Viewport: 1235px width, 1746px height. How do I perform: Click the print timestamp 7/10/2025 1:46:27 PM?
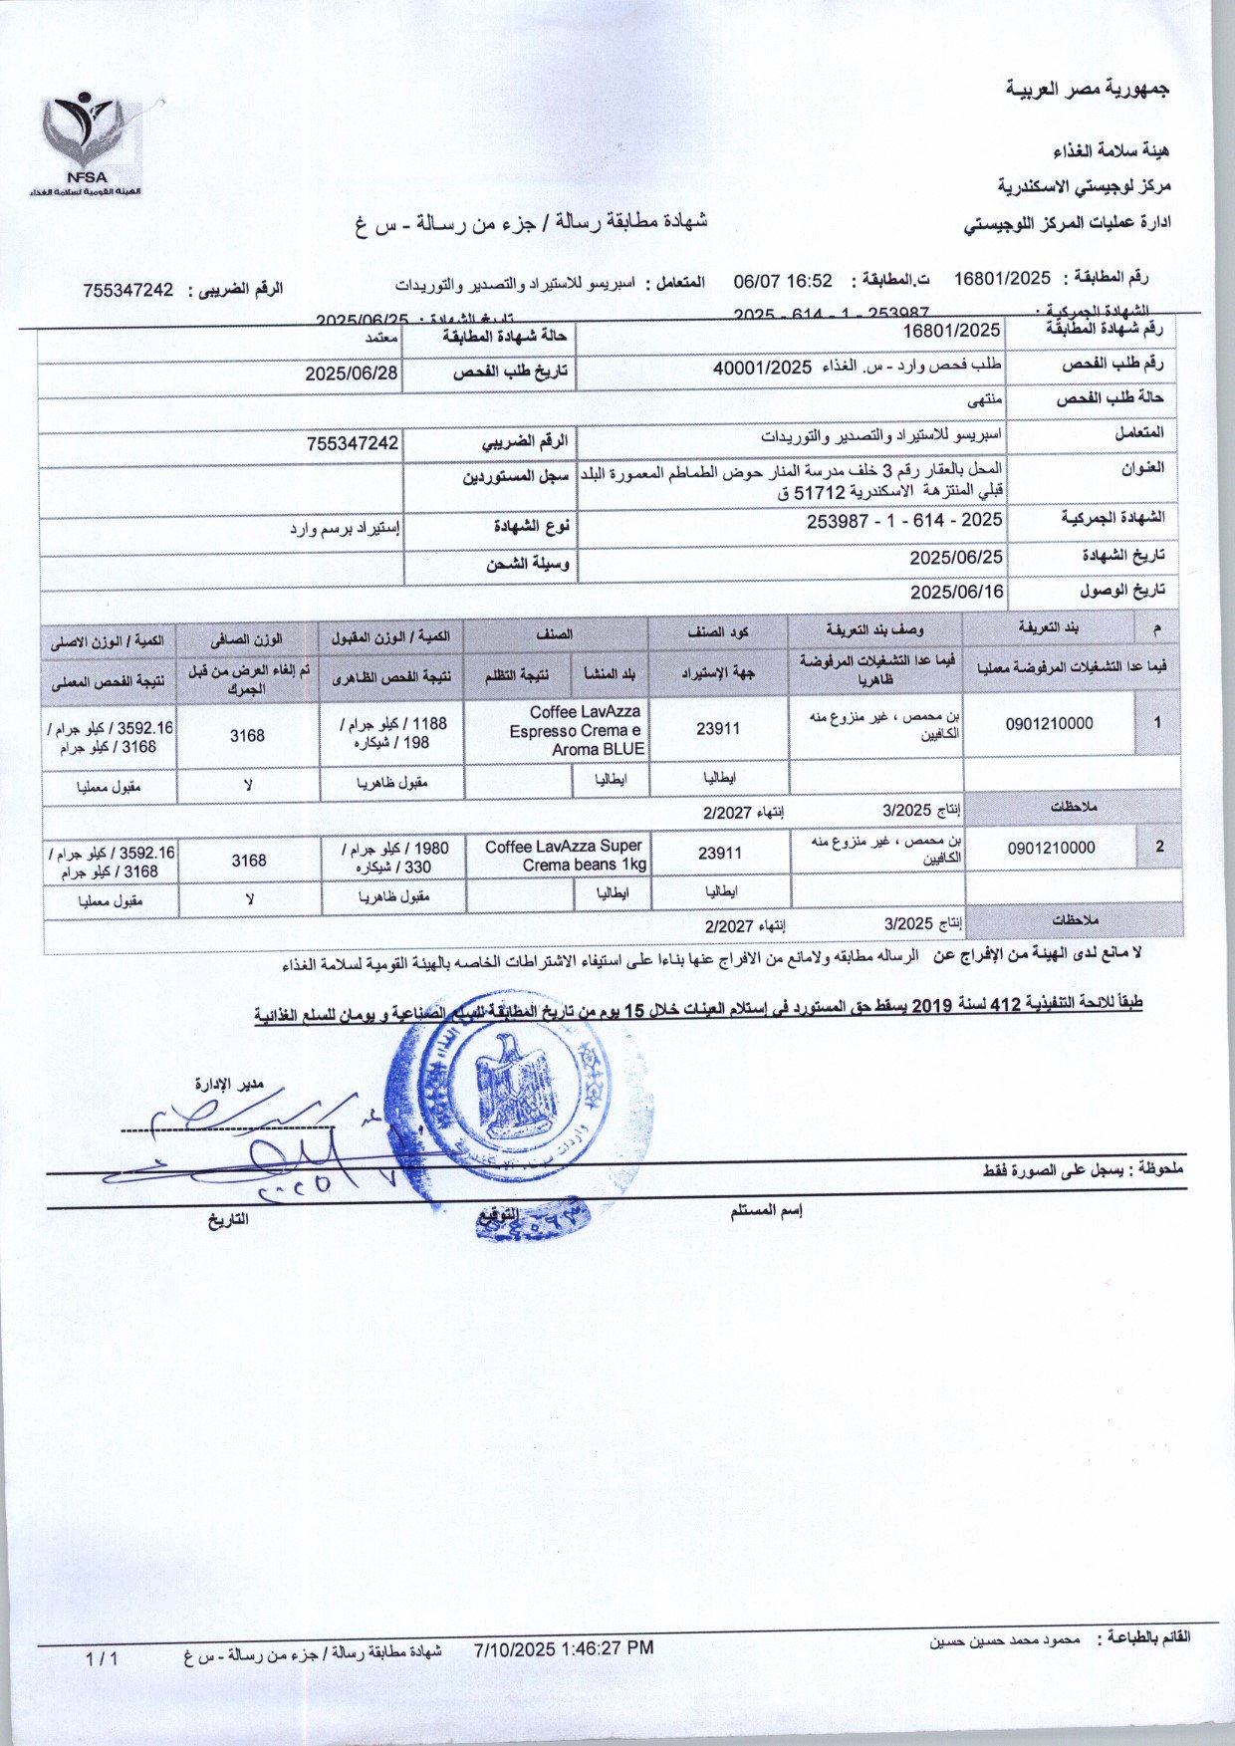coord(565,1647)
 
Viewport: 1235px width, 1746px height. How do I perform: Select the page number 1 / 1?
coord(102,1658)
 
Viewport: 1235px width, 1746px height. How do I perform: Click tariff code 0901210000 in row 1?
coord(1049,724)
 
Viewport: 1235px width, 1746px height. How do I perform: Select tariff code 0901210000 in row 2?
coord(1051,848)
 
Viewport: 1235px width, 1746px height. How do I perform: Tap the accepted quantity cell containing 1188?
coord(392,733)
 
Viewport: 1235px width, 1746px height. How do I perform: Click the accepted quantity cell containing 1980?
coord(394,857)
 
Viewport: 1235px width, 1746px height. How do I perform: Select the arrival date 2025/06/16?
coord(956,591)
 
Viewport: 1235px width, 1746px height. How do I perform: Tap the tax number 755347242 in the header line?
coord(128,290)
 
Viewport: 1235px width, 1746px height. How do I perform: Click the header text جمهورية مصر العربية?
coord(1088,90)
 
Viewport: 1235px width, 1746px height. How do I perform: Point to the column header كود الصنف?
coord(718,631)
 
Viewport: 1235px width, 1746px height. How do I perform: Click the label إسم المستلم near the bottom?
coord(766,1211)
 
